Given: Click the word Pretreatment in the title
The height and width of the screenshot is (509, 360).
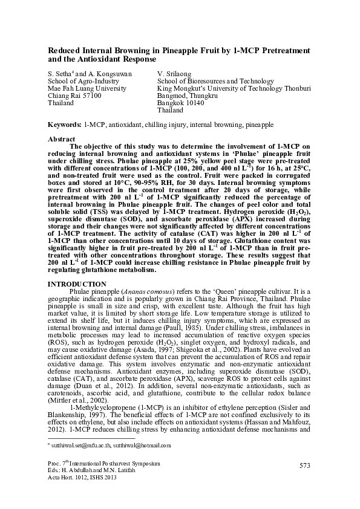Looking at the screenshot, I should [x=272, y=49].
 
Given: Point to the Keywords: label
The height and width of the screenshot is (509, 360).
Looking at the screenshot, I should [x=65, y=124].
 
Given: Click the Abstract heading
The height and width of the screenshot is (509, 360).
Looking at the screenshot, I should [x=61, y=139].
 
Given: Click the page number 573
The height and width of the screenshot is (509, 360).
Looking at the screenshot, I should [x=304, y=465].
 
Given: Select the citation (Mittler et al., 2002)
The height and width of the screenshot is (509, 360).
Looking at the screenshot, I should [x=76, y=401].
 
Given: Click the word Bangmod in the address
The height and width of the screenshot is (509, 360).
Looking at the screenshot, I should [x=171, y=96].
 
